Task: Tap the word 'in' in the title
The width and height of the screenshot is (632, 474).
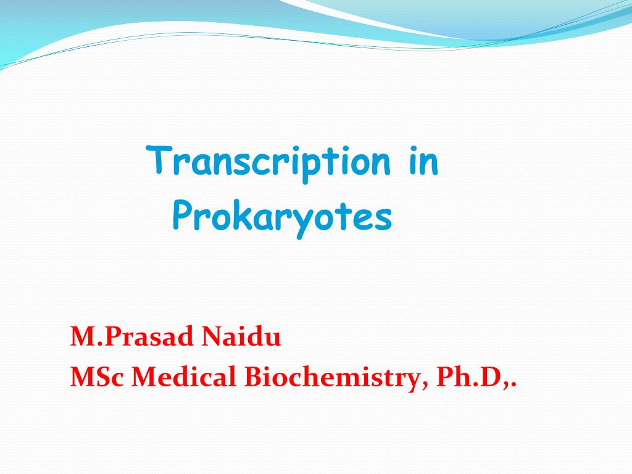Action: (423, 162)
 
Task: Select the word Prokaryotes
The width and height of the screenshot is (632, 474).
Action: (282, 217)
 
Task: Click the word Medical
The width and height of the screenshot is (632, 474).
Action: (185, 377)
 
